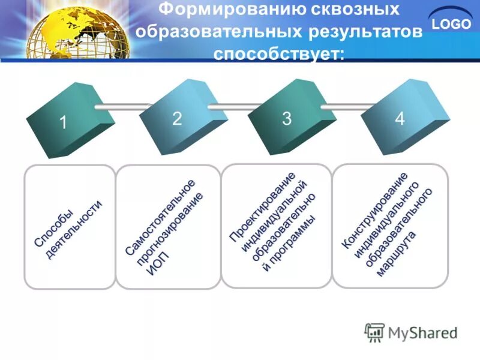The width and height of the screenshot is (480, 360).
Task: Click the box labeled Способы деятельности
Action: [x=69, y=227]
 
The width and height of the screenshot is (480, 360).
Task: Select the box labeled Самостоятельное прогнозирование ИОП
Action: [x=168, y=227]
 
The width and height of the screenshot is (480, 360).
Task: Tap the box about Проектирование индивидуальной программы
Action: [x=276, y=226]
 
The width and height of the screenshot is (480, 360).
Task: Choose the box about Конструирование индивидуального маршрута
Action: [x=390, y=226]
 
